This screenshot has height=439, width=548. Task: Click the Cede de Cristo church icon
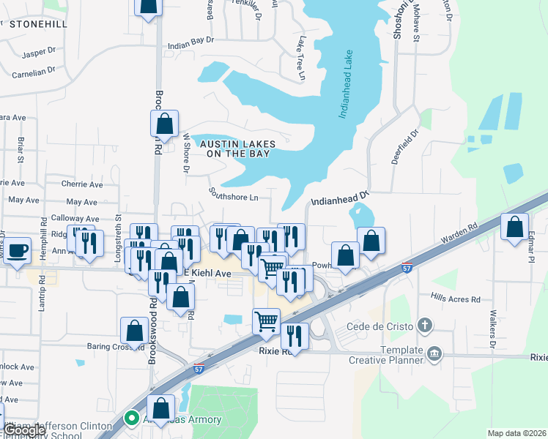(424, 325)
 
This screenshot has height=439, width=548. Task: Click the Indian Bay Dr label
(190, 45)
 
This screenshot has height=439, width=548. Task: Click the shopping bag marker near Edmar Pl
(515, 227)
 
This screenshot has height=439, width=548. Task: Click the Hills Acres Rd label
(455, 299)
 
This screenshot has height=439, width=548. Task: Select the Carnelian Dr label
(33, 72)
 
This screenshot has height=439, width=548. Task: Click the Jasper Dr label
(39, 53)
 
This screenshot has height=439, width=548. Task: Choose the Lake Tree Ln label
(300, 56)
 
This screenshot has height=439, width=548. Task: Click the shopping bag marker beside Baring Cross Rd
(135, 331)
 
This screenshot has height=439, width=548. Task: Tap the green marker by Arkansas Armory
(132, 419)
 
